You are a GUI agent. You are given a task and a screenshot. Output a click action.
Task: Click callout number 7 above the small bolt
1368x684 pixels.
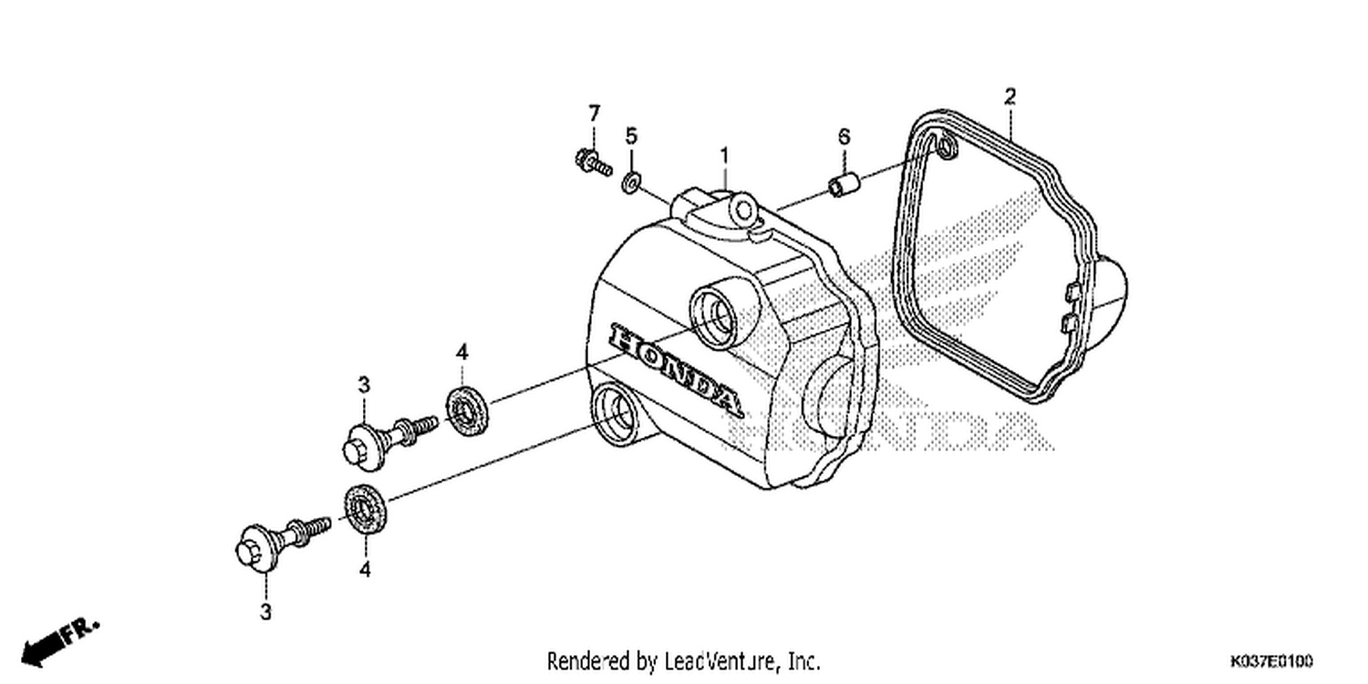coord(595,113)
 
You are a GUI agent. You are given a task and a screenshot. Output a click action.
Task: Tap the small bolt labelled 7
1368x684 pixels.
coord(593,162)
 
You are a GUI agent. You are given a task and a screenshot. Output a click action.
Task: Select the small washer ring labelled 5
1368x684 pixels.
coord(630,182)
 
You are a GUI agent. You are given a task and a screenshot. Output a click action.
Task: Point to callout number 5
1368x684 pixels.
coord(631,136)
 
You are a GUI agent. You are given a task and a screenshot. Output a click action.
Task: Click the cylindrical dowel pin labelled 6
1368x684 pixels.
coord(844,184)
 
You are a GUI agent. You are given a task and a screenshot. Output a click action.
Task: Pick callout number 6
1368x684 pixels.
coord(844,136)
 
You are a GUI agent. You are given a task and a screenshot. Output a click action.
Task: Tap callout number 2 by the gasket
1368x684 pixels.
coord(1010,97)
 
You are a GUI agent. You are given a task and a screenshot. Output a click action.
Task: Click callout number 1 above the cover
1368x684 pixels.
coord(724,156)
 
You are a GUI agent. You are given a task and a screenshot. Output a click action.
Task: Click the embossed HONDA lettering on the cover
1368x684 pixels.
coord(676,370)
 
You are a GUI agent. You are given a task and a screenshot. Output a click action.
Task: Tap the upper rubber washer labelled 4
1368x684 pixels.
coord(467,411)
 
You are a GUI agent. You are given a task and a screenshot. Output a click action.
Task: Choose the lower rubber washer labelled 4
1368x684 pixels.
coord(365,508)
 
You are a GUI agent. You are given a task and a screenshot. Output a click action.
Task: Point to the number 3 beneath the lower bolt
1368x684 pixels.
coord(265,611)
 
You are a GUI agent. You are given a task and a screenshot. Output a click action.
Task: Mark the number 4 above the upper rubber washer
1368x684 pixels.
coord(462,352)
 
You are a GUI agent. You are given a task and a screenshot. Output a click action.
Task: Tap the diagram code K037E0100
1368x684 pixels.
coord(1271,661)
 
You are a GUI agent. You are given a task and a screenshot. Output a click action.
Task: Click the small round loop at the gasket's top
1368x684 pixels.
coord(947,147)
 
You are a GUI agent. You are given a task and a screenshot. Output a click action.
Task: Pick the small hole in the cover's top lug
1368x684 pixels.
coord(743,212)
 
